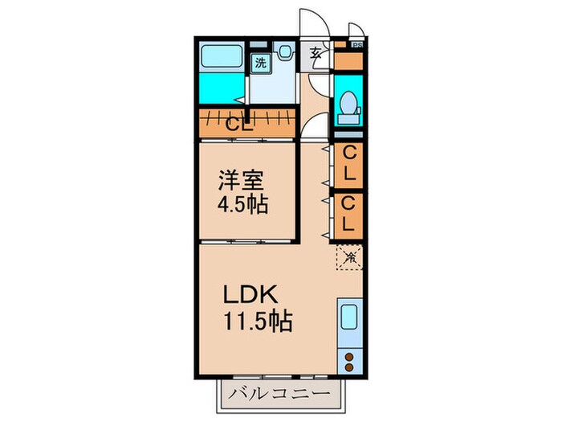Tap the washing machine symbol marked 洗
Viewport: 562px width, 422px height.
261,62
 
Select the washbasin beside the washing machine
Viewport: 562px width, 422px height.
285,53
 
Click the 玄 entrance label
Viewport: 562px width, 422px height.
316,55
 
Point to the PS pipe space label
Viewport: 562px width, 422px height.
356,45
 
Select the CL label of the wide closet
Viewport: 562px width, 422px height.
238,125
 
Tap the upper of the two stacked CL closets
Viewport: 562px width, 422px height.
348,164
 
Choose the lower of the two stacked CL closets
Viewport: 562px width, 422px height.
348,214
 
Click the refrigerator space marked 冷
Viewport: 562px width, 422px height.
350,257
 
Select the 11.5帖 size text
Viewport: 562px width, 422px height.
257,322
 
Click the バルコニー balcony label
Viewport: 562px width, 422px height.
278,394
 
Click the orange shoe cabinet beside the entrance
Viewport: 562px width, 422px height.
348,62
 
